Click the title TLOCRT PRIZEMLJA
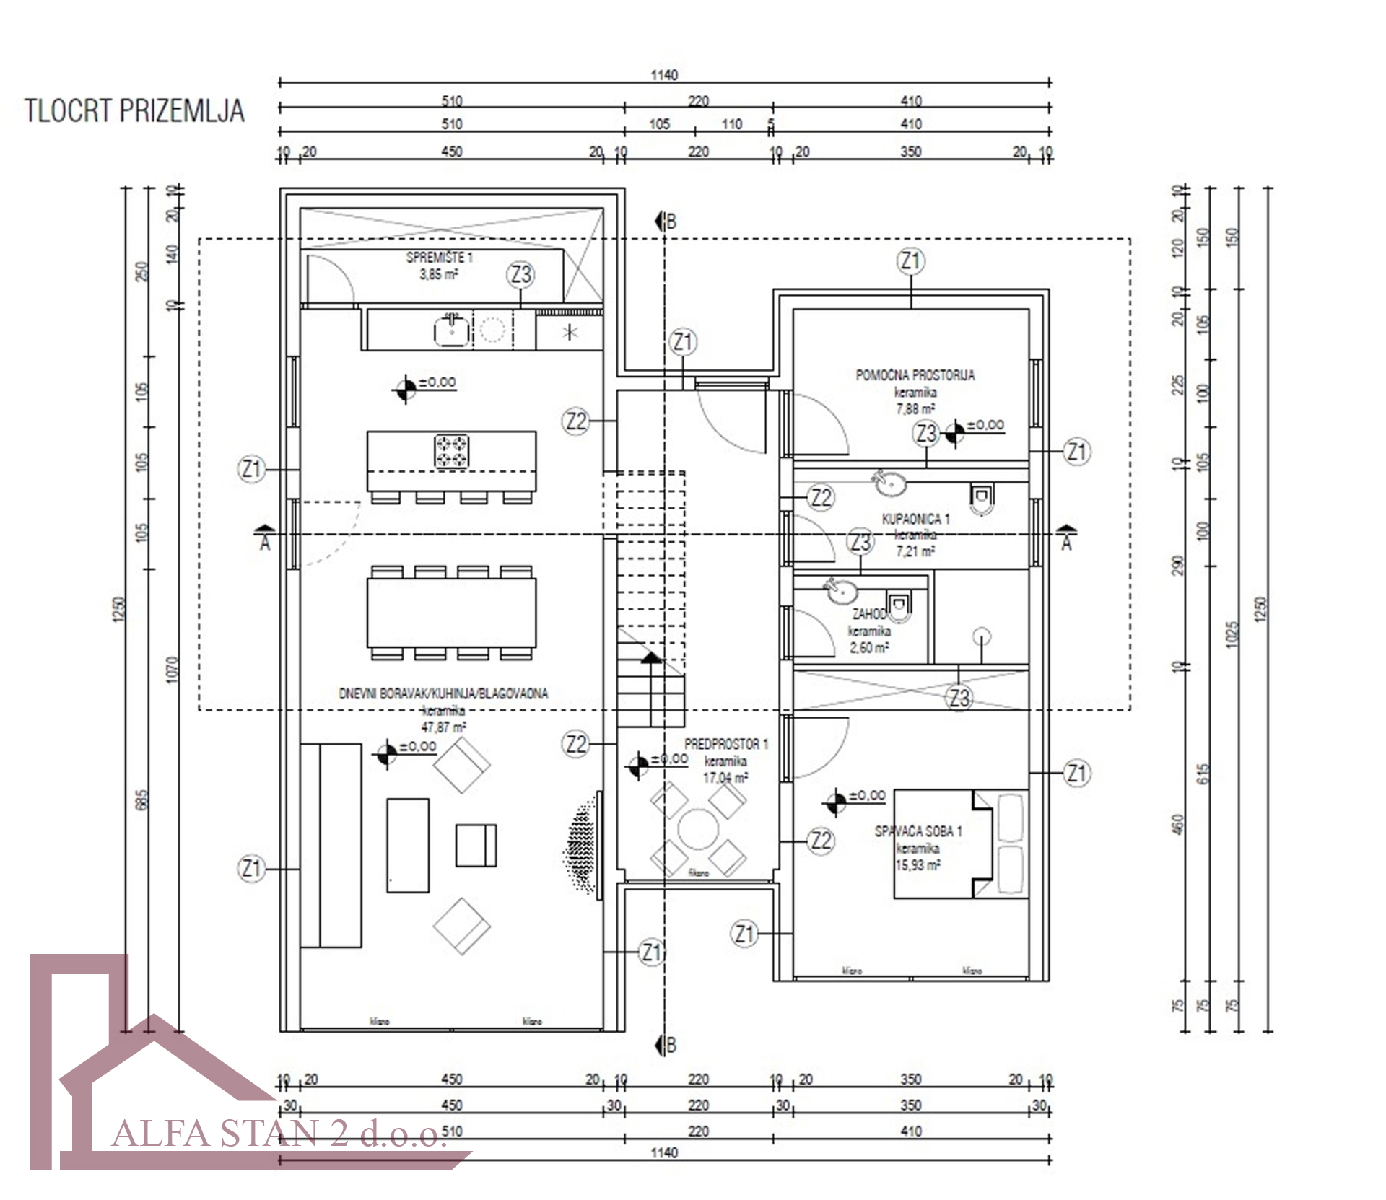coord(135,111)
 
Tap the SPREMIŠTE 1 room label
coord(439,258)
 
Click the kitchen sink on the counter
coord(451,331)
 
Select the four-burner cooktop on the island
coord(451,451)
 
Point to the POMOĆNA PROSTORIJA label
coord(915,375)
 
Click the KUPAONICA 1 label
coord(915,519)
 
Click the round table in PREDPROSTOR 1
coord(697,829)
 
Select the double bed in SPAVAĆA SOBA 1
coord(960,844)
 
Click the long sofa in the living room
coord(331,845)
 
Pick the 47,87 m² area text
coord(443,727)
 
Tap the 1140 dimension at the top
coord(664,75)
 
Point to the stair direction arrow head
coord(651,657)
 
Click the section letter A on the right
coord(1066,543)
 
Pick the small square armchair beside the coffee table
coord(476,845)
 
